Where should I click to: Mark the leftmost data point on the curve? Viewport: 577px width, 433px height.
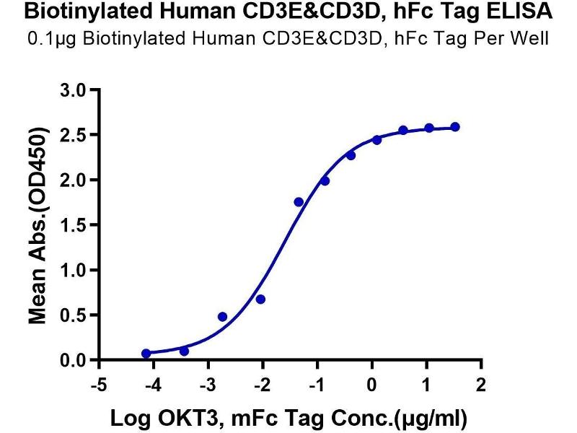[146, 354]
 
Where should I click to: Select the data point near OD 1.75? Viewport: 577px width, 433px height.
[299, 202]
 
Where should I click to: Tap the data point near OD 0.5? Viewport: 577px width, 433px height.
[222, 317]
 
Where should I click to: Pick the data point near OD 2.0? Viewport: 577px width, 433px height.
[325, 180]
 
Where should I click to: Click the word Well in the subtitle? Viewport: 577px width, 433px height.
[534, 38]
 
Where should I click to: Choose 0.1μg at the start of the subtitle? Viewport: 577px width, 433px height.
[45, 38]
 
